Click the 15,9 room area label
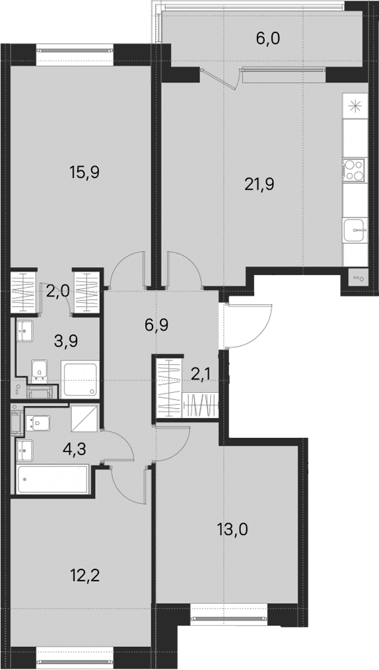84,173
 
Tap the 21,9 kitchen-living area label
259,184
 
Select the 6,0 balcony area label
267,38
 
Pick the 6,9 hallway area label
156,325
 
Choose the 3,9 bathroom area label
66,341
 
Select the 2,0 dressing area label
59,292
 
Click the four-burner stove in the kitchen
355,169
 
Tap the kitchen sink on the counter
355,231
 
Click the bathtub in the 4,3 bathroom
53,480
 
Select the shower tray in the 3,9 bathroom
80,379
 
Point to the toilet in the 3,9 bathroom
39,370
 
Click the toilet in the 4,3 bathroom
38,423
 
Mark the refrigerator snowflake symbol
355,106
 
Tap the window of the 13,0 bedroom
228,618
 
